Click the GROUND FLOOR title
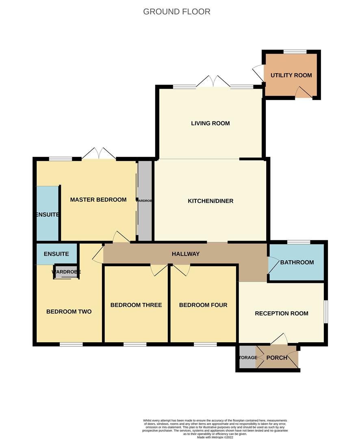(x=177, y=11)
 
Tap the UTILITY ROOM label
(x=291, y=75)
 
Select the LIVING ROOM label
(x=210, y=123)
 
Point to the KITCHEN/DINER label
(x=210, y=201)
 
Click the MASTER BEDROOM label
(x=98, y=200)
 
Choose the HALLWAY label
(x=186, y=254)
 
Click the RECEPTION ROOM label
(x=282, y=313)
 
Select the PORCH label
(x=277, y=358)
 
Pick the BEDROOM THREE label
(x=136, y=305)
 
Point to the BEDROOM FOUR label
(x=203, y=305)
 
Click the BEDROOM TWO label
(x=69, y=312)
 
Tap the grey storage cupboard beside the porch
(x=247, y=357)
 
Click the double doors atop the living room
(x=213, y=81)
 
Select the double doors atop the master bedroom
(x=99, y=154)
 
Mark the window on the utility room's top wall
(x=295, y=52)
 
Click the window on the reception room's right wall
(x=326, y=312)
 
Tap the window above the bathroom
(x=299, y=242)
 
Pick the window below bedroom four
(x=205, y=344)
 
